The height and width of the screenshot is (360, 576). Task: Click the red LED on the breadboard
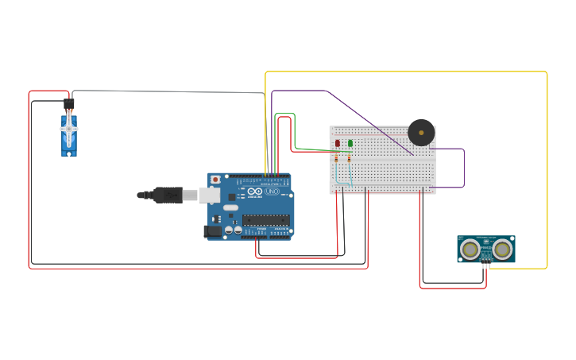coord(338,143)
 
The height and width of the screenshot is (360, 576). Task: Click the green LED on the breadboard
coord(350,143)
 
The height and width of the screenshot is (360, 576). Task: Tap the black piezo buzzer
coord(421,132)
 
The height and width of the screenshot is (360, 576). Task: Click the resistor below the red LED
coord(336,159)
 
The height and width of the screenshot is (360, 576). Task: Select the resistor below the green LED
coord(349,159)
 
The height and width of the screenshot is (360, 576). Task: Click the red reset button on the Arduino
coord(215,180)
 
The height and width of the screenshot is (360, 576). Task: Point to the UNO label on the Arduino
coord(272,192)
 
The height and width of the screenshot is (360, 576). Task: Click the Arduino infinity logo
coord(255,192)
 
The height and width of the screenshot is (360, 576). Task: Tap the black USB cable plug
coord(168,195)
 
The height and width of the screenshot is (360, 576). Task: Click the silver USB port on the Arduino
coord(209,195)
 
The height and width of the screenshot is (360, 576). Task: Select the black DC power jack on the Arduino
coord(212,231)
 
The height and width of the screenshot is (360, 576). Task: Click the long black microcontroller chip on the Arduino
coord(265,219)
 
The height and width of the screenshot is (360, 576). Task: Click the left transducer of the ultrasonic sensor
coord(470,250)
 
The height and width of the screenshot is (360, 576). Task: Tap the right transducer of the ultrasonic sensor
coord(502,250)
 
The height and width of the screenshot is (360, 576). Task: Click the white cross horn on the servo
coord(69,128)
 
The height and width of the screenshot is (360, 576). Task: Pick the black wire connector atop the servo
coord(69,103)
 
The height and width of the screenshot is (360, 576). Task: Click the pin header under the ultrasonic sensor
coord(485,265)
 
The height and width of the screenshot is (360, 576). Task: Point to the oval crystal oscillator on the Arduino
coord(230,208)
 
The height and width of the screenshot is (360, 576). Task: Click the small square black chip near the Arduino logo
coord(232,197)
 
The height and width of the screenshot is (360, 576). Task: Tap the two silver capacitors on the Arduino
coord(234,230)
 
